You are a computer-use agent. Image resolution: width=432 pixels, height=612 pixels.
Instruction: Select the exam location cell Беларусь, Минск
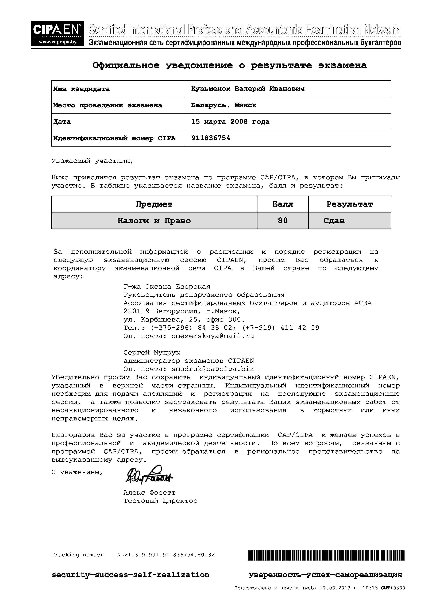tap(224, 105)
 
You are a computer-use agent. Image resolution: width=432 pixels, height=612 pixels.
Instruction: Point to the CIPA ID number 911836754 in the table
tap(211, 138)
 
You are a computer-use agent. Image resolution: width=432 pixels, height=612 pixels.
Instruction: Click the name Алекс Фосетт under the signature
tap(149, 493)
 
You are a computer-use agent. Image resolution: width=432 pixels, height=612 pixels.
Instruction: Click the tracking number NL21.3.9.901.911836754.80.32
tap(165, 555)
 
